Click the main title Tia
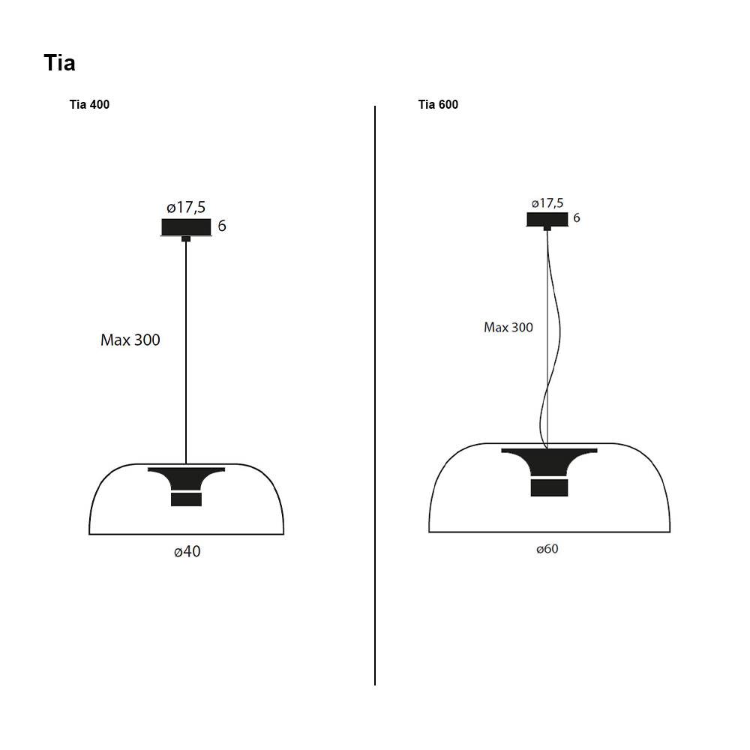(x=60, y=63)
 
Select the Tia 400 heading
(x=89, y=104)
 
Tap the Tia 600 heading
(x=438, y=104)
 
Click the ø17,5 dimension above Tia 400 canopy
(x=186, y=207)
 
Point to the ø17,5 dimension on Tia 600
(x=547, y=203)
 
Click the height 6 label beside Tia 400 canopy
(x=222, y=226)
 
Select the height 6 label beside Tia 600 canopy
(x=577, y=217)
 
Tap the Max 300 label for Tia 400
(x=130, y=340)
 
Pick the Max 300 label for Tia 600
(x=508, y=327)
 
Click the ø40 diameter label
(x=187, y=551)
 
